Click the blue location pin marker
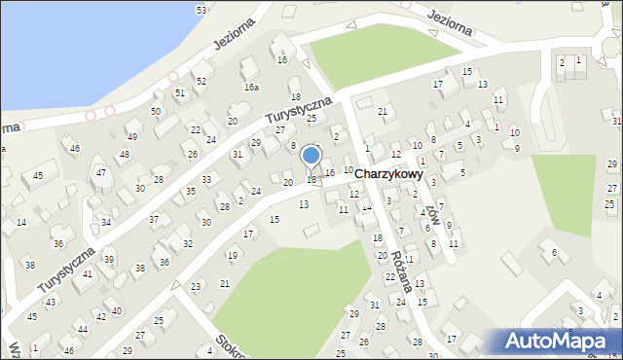coord(311,157)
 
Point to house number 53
coord(202,10)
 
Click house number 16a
coord(251,87)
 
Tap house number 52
coord(202,81)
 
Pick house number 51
coord(180,92)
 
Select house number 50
coord(156,112)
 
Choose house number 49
coord(132,136)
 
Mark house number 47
coord(100,173)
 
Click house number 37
coord(153,219)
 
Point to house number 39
coord(110,259)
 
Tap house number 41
coord(88,274)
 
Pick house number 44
coord(83,330)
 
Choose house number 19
coord(232,255)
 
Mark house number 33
coord(206,180)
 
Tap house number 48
coord(124,155)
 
